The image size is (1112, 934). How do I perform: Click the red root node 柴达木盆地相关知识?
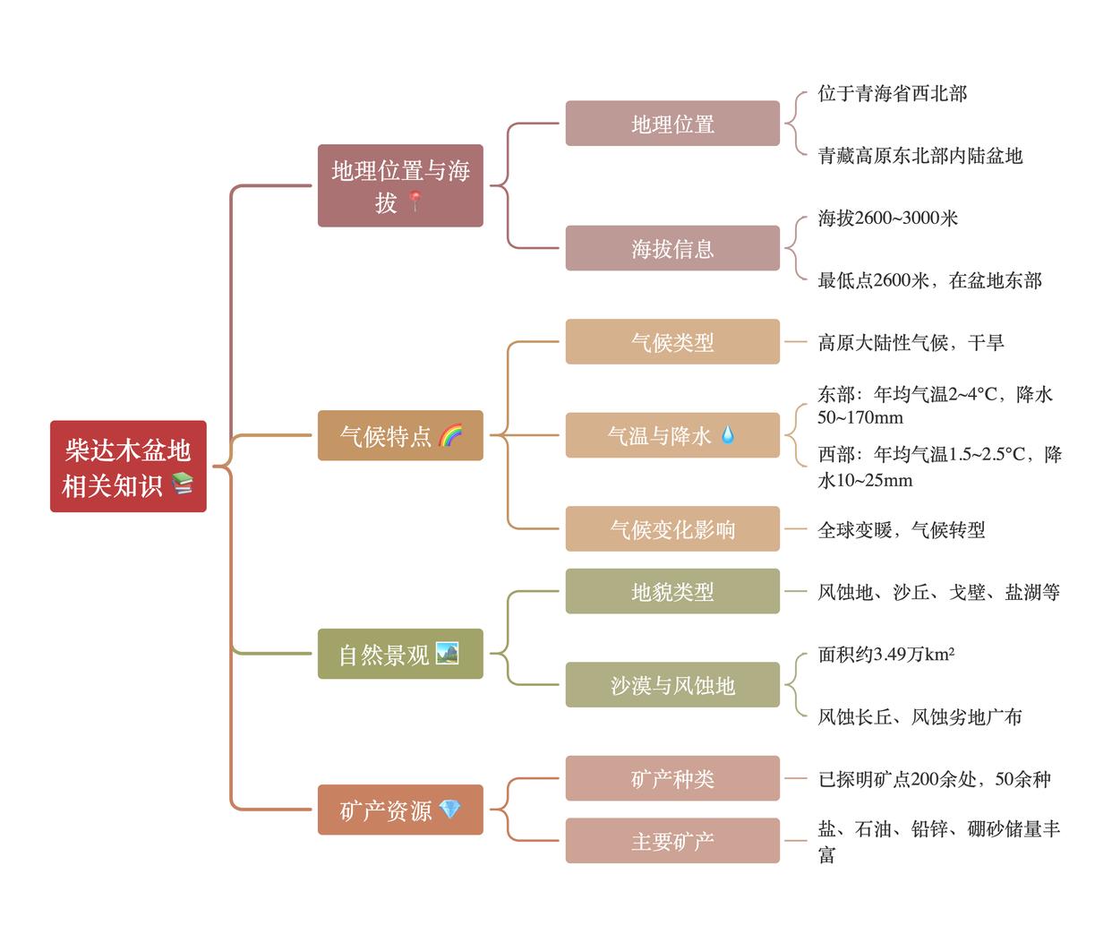pos(128,466)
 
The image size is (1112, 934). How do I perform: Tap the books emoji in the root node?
pos(183,484)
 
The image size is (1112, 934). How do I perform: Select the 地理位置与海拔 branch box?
pos(400,185)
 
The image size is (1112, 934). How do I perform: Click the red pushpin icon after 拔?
pos(414,201)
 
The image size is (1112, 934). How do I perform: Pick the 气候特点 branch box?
pos(400,436)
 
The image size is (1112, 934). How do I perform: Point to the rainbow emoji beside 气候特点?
pos(450,435)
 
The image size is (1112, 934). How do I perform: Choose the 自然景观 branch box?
pos(400,654)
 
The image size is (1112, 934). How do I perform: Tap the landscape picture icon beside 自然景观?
pos(447,653)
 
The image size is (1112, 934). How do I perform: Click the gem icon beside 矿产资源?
pos(449,810)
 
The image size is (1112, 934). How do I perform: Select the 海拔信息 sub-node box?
pos(672,248)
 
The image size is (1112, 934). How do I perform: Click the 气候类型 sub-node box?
pos(672,342)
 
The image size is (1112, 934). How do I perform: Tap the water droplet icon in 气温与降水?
pos(727,435)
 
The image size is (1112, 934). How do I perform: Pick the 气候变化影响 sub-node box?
pos(672,529)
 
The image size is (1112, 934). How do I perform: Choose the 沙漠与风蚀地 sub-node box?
pos(672,685)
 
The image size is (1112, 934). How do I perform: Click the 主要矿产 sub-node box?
pos(672,841)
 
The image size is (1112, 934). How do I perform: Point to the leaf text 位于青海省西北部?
pos(892,93)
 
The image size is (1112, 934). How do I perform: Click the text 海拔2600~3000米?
pos(887,218)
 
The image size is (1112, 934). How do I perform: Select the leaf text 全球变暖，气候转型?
pos(901,529)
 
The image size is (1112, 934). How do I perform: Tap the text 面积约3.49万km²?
pos(885,654)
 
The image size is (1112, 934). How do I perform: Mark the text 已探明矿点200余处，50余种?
pos(934,779)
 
